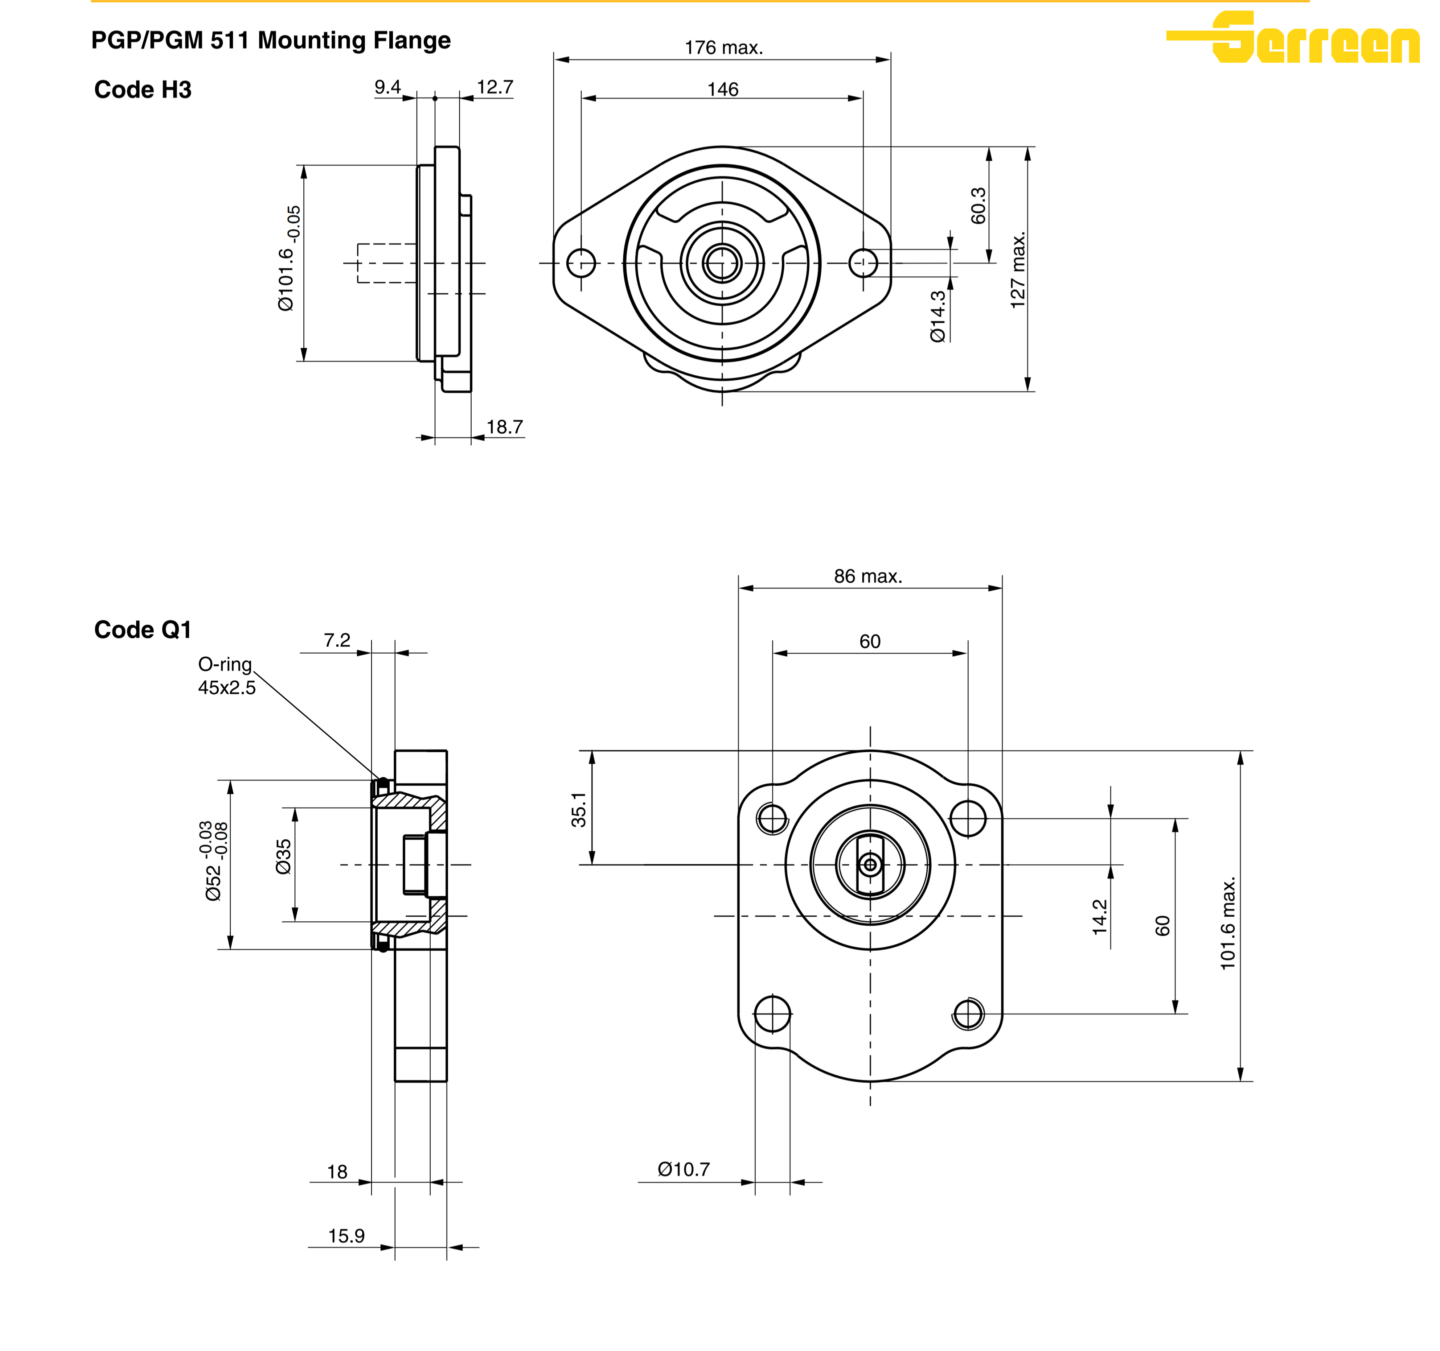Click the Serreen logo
click(x=1293, y=38)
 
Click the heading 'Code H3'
click(x=143, y=90)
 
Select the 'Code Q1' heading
click(x=143, y=630)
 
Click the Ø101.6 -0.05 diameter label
click(x=288, y=259)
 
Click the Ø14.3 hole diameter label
click(x=937, y=317)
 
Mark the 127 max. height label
click(x=1018, y=270)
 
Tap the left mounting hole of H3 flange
click(x=581, y=263)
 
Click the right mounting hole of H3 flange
click(x=863, y=263)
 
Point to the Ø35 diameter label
click(x=283, y=856)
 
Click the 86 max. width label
click(x=868, y=576)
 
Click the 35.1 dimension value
click(x=578, y=809)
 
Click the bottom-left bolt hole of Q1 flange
click(x=772, y=1013)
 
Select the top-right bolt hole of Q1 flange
click(x=968, y=818)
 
